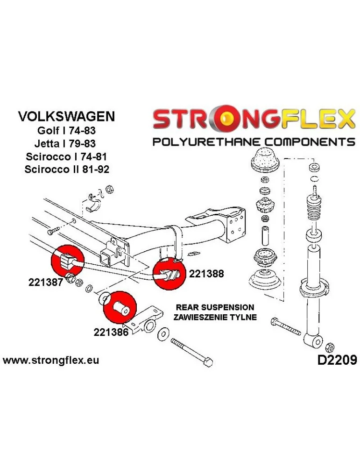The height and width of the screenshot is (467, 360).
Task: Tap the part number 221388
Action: pos(206,274)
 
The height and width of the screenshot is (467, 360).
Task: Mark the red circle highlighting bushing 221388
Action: pos(169,275)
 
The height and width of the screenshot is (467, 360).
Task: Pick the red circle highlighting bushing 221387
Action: pos(65,261)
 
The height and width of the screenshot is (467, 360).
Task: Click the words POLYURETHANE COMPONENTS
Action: pos(254,142)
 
